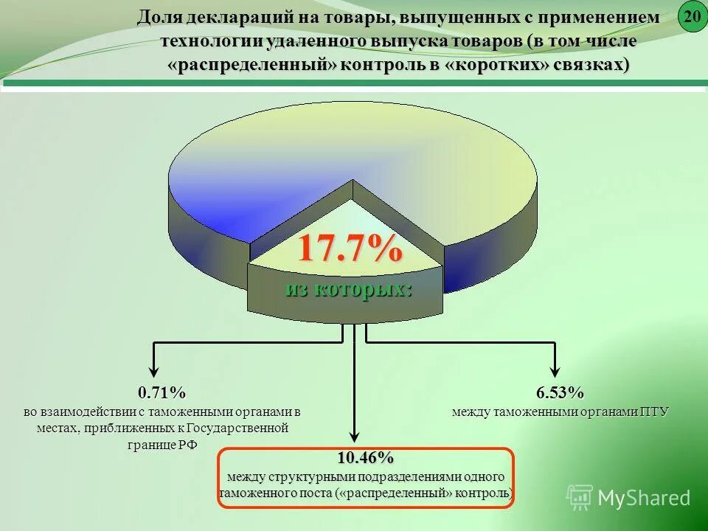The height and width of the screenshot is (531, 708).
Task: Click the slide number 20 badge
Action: [x=692, y=16]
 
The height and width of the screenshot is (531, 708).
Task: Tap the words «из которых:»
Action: [x=349, y=288]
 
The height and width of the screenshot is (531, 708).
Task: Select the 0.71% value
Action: [x=162, y=392]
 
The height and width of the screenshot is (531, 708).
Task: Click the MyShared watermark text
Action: [x=644, y=498]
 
